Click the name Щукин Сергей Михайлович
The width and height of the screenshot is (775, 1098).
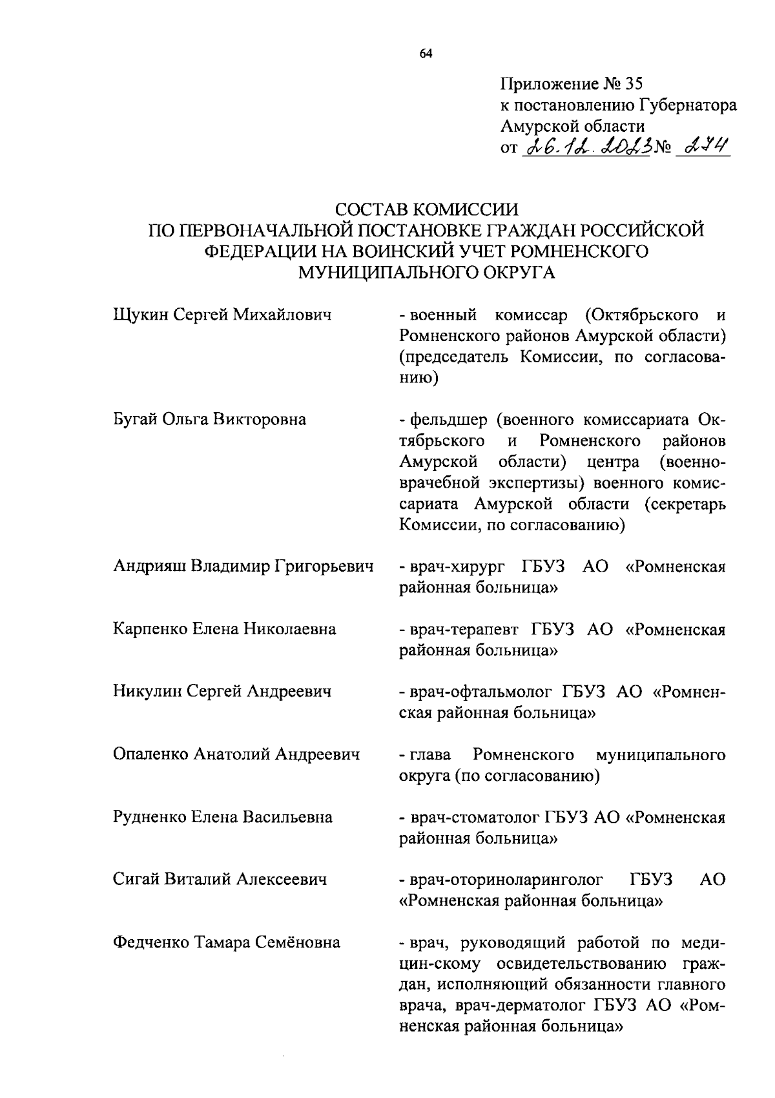point(222,315)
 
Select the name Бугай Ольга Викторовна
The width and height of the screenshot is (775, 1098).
point(209,420)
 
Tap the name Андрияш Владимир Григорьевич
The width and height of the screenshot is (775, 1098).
point(243,566)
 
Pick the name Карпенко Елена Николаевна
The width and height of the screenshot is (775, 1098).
point(224,628)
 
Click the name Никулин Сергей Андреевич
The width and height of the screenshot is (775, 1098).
point(222,691)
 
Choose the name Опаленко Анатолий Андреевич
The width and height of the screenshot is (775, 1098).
point(236,754)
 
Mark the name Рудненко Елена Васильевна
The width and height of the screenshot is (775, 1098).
point(223,817)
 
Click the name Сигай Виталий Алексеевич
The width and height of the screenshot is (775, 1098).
point(219,879)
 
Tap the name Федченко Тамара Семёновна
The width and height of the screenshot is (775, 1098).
point(226,942)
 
